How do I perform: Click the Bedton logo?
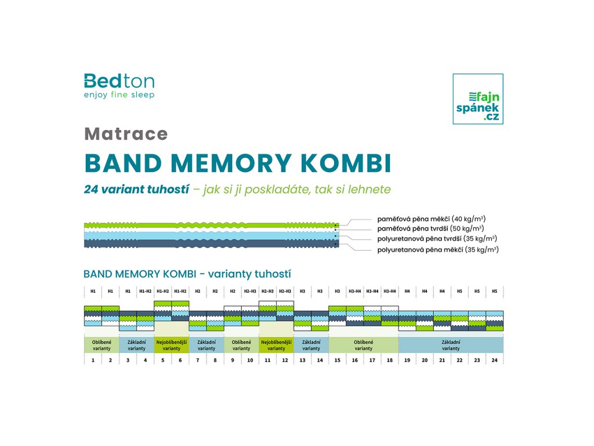[119, 86]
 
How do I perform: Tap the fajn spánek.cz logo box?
[478, 99]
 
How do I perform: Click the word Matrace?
[126, 134]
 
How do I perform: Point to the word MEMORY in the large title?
[231, 163]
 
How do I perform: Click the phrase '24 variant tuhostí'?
[136, 189]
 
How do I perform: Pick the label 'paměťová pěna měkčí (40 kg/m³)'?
[432, 219]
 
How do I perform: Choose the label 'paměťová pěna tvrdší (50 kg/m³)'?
[431, 229]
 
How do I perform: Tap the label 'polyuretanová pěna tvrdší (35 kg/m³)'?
[437, 239]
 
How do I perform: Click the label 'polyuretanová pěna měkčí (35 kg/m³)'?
[438, 250]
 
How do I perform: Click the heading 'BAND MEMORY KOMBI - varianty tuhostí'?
[187, 274]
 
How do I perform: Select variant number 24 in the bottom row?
[494, 360]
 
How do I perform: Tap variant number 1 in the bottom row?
[93, 360]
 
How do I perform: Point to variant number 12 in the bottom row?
[285, 360]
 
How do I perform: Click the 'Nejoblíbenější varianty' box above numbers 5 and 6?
[172, 345]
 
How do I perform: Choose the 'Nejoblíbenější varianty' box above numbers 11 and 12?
[276, 345]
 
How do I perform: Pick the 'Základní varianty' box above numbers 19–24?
[451, 345]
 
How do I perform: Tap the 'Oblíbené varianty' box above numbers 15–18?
[364, 345]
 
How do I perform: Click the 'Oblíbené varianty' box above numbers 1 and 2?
[102, 345]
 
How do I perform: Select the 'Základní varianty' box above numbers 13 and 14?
[311, 345]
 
